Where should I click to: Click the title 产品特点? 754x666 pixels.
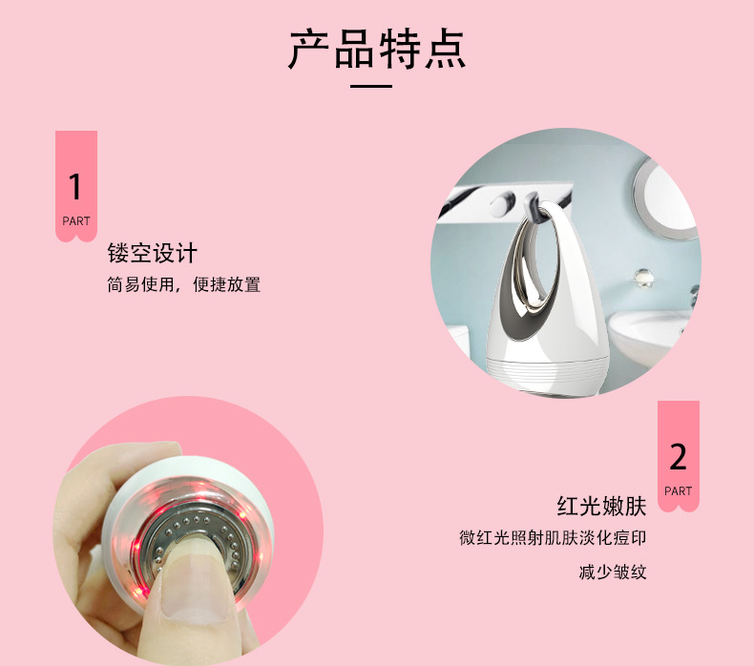point(377,50)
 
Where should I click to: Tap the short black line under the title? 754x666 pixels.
point(371,87)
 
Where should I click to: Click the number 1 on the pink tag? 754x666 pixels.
point(75,186)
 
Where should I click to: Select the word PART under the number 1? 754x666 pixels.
point(76,221)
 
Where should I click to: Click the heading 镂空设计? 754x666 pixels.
point(153,254)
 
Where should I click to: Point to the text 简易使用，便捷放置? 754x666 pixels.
point(184,284)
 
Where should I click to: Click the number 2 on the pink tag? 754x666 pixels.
point(678,457)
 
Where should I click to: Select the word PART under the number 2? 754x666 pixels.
point(678,491)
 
